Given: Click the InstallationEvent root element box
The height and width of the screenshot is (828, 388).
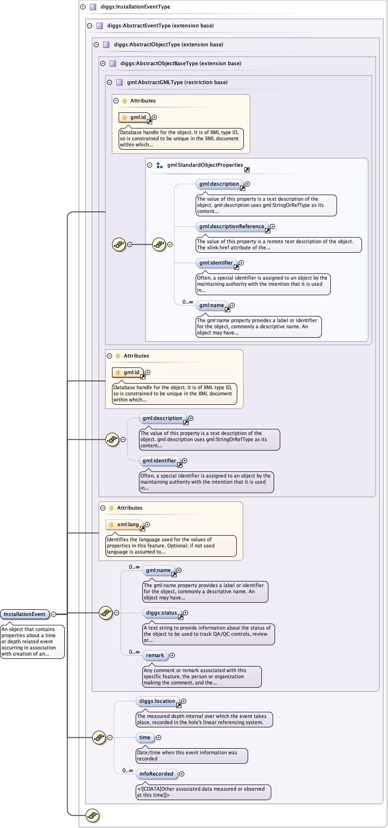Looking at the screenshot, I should (x=25, y=615).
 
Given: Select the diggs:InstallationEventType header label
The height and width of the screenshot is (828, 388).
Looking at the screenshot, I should (x=135, y=7).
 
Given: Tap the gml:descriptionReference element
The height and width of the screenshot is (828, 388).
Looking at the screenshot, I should (x=232, y=227).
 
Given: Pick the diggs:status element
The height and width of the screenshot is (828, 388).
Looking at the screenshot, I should (x=161, y=613).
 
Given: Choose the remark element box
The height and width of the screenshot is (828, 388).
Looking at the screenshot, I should (x=155, y=656).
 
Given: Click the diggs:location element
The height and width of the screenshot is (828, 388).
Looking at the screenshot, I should (x=157, y=701).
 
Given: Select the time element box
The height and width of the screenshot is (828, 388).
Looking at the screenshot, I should (x=145, y=738).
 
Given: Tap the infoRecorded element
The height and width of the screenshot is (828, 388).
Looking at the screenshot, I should (x=156, y=774).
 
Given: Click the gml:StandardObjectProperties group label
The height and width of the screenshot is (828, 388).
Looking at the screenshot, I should (x=205, y=165).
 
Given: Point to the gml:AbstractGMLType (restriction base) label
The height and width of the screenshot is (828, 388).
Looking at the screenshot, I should (x=177, y=82).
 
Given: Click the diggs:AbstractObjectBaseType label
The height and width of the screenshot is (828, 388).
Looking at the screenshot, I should (x=181, y=63).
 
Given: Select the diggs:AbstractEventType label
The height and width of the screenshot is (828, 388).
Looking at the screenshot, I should (x=160, y=26).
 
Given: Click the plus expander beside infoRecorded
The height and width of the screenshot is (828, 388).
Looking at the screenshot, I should (x=182, y=774).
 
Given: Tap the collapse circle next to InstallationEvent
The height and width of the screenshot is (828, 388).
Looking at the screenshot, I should (x=54, y=615).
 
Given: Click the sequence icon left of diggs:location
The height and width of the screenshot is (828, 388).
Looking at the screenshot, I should (x=99, y=737).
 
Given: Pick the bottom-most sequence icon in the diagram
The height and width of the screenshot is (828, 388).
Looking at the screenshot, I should (x=92, y=815).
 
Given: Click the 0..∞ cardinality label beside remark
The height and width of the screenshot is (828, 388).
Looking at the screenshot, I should (x=134, y=652).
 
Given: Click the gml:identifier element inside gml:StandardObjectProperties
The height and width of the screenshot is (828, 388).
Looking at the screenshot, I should (x=216, y=263).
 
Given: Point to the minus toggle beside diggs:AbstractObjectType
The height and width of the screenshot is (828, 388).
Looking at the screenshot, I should (x=96, y=45).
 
